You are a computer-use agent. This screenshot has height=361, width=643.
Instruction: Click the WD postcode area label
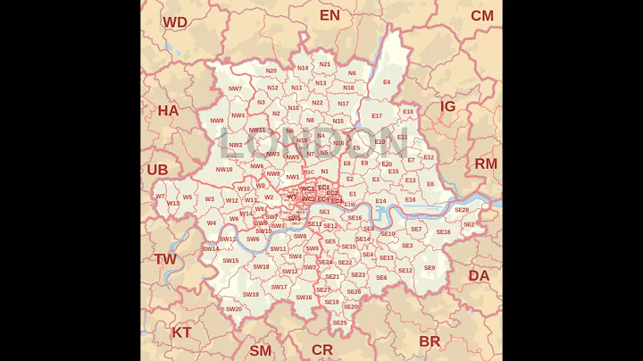[x=175, y=22]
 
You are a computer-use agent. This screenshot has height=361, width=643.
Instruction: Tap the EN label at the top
[x=330, y=15]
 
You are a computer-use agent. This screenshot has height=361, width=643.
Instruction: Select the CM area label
[x=481, y=15]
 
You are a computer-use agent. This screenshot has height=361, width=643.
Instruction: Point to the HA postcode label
[x=168, y=111]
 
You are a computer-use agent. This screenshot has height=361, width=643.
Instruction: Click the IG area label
[x=447, y=106]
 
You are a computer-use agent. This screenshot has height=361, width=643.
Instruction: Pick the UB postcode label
[x=157, y=170]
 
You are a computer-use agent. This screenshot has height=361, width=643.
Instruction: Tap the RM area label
[x=486, y=164]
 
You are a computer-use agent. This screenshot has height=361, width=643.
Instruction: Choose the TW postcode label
[x=165, y=259]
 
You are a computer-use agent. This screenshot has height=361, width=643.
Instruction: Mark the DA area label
[x=480, y=275]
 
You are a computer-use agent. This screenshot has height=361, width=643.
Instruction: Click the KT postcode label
[x=181, y=332]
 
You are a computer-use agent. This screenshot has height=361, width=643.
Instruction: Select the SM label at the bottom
[x=260, y=350]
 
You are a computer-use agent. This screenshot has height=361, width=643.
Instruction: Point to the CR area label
[x=321, y=349]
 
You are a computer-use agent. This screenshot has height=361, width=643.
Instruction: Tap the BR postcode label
[x=430, y=341]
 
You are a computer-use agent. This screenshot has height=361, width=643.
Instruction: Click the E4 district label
[x=387, y=82]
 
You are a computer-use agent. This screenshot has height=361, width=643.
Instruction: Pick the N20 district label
[x=271, y=71]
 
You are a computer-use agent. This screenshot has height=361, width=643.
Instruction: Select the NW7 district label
[x=235, y=88]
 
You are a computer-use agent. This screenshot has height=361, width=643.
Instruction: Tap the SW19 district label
[x=251, y=294]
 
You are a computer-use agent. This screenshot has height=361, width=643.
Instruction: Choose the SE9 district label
[x=430, y=268]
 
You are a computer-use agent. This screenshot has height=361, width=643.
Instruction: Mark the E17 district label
[x=377, y=116]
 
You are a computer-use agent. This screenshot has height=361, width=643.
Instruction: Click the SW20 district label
[x=233, y=309]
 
